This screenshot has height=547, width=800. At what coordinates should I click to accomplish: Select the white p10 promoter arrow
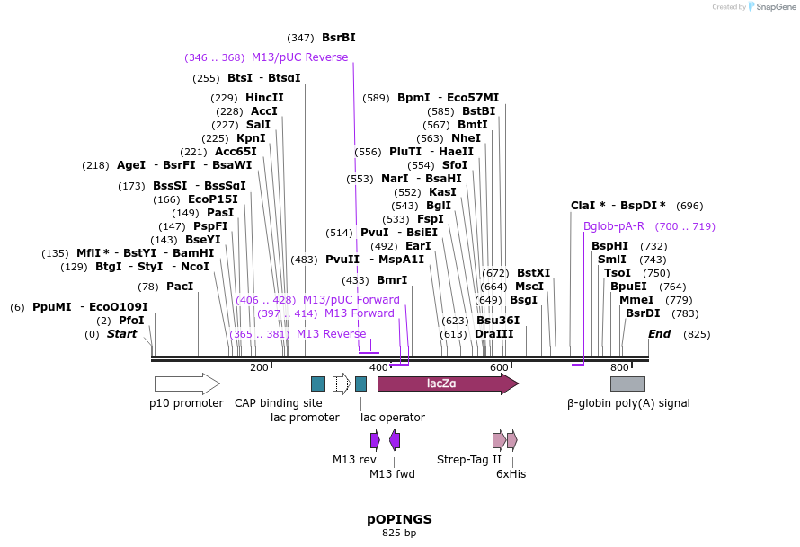[187, 384]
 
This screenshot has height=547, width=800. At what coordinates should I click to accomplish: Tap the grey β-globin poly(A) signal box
[627, 384]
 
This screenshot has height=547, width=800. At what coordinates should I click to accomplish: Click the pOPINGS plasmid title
[399, 519]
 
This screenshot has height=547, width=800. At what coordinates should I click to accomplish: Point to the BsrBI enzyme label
[338, 38]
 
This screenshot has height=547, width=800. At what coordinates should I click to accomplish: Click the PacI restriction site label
[180, 287]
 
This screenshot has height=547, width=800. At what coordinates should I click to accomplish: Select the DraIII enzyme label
[493, 334]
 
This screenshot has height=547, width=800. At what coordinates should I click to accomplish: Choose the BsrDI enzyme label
[643, 313]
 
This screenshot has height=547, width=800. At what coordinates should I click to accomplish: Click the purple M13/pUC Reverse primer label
[299, 57]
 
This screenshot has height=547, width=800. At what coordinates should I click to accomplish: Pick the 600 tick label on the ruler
[499, 367]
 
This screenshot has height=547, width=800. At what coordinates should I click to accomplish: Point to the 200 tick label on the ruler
[259, 367]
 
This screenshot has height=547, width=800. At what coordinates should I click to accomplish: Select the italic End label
[660, 334]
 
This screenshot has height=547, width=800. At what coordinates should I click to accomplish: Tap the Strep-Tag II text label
[469, 460]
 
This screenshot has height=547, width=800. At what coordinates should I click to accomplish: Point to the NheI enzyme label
[466, 138]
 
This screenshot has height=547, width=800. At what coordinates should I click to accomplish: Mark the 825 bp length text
[399, 534]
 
